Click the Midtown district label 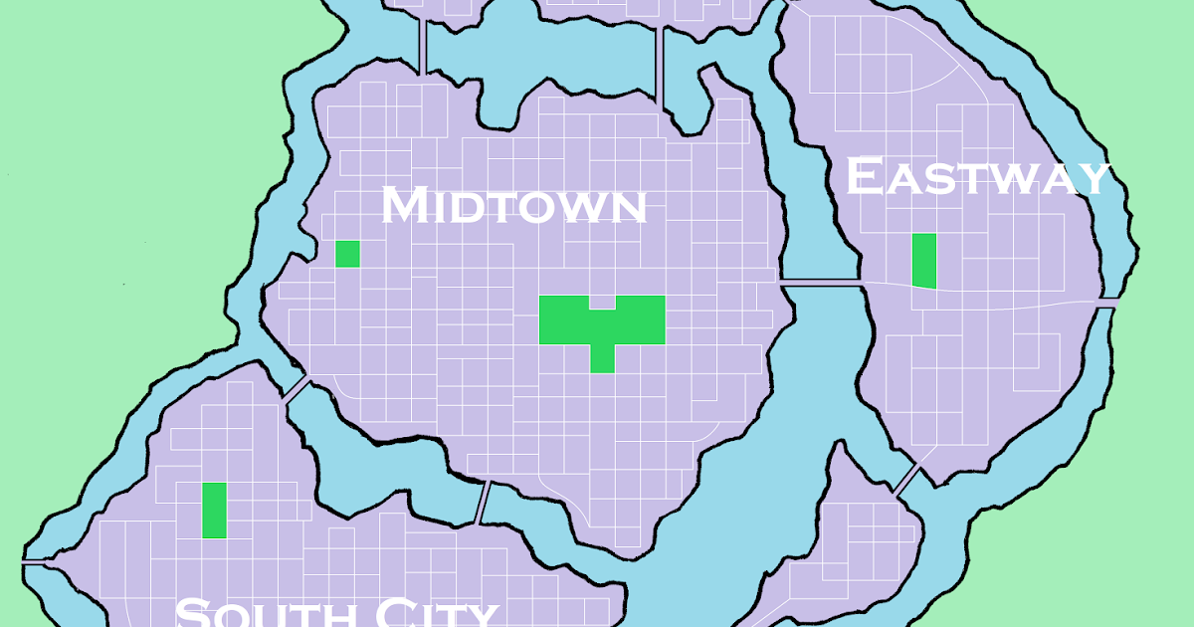[x=514, y=206]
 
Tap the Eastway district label [x=976, y=178]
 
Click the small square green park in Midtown [x=347, y=254]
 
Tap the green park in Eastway [x=924, y=261]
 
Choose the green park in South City [x=214, y=510]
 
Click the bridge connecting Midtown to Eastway [x=820, y=285]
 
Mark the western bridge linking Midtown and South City [x=295, y=389]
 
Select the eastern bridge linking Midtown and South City [x=484, y=501]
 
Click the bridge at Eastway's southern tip [x=906, y=479]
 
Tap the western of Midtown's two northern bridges [x=424, y=45]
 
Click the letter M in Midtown [x=405, y=205]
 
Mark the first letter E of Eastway [x=862, y=177]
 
